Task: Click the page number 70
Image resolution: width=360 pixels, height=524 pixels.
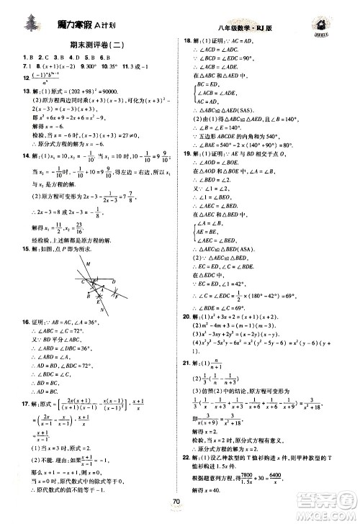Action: (x=189, y=510)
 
